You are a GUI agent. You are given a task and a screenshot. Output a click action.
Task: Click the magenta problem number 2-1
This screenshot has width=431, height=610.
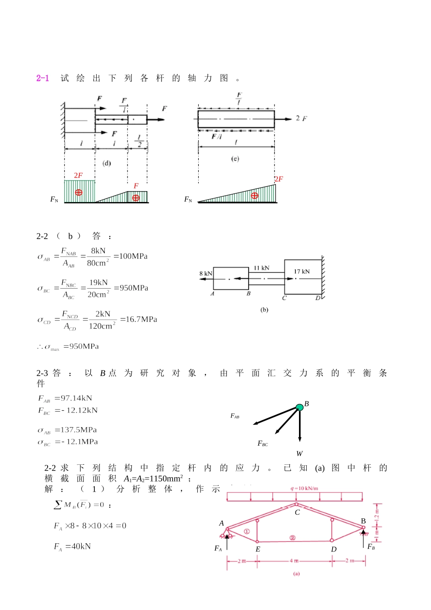43,78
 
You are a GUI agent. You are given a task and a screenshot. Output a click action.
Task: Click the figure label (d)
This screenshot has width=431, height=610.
107,163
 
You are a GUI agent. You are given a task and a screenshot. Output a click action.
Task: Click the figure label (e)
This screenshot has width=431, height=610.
235,159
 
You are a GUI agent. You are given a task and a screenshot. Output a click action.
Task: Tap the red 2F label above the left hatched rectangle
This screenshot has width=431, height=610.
78,175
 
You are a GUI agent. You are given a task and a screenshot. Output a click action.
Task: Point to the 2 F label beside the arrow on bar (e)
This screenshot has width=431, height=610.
301,118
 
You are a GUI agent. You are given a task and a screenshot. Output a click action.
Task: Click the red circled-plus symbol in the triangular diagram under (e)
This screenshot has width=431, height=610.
255,196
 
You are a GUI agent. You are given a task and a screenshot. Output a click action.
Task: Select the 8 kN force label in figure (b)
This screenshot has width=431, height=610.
206,273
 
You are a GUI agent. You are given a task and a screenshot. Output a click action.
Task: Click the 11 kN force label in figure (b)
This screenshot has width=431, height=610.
261,268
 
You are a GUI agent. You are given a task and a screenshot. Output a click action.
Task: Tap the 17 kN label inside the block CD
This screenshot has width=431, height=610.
302,271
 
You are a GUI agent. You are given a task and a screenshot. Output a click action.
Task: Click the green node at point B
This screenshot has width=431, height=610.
299,408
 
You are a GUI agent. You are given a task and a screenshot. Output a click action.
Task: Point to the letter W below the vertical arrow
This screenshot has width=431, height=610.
299,453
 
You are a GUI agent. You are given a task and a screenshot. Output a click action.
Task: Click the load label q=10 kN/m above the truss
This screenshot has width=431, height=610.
304,488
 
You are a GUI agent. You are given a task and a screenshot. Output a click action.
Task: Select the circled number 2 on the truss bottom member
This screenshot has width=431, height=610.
293,538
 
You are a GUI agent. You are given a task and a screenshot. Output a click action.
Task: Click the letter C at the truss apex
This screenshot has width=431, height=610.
297,512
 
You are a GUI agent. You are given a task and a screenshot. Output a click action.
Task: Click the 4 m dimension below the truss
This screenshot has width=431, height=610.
294,561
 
